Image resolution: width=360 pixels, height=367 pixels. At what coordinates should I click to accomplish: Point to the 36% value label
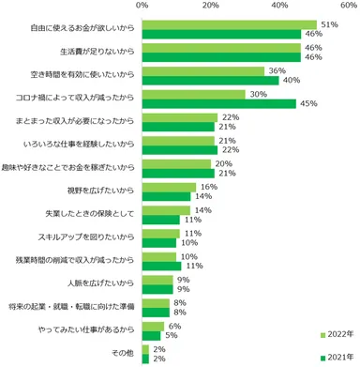click(x=277, y=70)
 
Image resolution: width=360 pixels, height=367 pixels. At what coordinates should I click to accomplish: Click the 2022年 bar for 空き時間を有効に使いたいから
click(x=204, y=70)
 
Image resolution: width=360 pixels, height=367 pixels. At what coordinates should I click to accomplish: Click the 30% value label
click(x=256, y=94)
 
